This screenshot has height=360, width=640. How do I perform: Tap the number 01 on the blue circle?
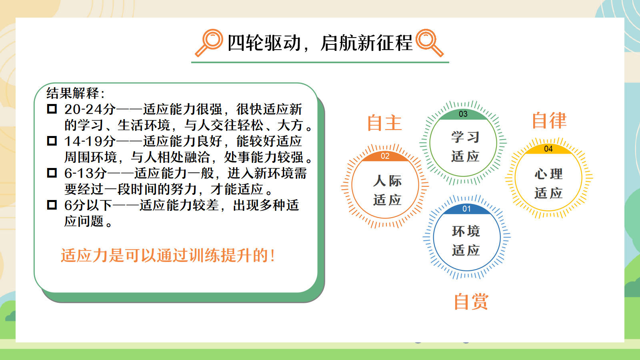[466, 209]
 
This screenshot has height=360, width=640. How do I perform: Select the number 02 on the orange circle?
[385, 156]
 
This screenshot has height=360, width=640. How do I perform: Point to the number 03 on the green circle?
[463, 114]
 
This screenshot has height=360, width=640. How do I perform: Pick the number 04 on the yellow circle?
[548, 149]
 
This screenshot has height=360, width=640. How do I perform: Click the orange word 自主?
[384, 123]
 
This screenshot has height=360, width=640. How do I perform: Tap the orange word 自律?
[549, 120]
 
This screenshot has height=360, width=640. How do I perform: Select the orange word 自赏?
[471, 302]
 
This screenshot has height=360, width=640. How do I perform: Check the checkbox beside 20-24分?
[52, 109]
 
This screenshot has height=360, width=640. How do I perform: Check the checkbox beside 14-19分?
[52, 141]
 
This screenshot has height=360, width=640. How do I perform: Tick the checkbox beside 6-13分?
[52, 173]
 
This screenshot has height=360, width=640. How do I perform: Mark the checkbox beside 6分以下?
[52, 205]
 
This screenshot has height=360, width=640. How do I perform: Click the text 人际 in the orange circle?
[387, 181]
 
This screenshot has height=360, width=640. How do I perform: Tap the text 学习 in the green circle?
[465, 137]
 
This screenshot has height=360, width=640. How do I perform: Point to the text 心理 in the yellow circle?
[548, 174]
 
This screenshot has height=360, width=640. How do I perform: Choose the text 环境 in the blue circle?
[466, 231]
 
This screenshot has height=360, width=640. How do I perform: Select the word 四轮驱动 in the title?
[264, 44]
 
